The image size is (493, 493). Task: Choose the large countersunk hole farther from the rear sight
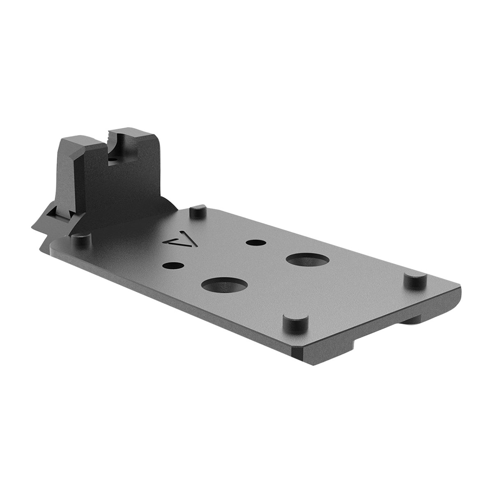point(307,260)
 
